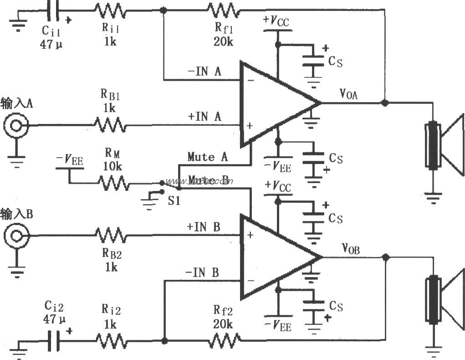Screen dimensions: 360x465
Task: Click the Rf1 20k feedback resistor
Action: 223,9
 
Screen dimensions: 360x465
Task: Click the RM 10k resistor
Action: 112,183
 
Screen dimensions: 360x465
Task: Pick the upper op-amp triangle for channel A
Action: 273,103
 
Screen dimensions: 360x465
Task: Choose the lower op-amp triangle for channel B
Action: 273,257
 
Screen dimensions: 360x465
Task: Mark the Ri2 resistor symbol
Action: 111,340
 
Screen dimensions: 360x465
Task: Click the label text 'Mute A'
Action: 207,157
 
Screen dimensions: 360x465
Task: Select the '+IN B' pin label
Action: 203,226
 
